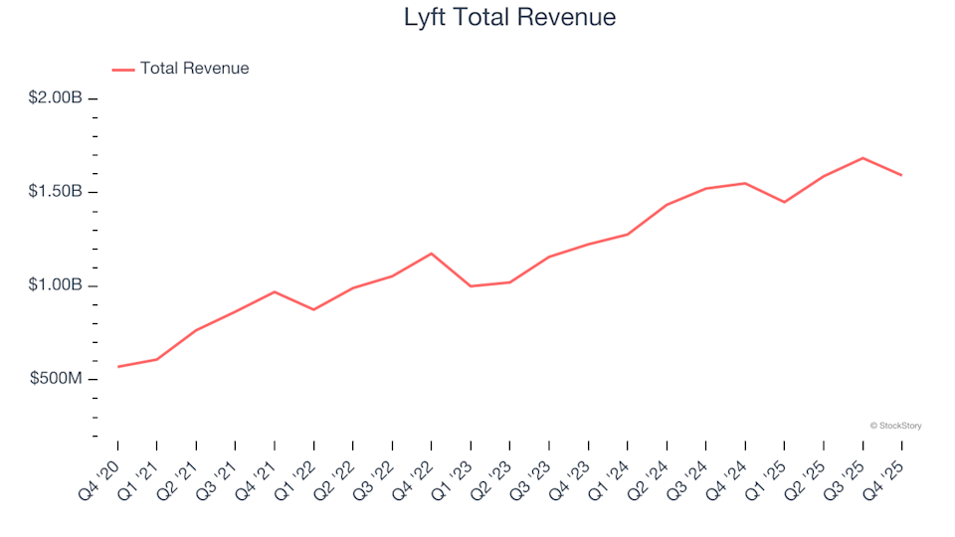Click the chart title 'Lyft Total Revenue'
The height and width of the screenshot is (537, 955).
tap(509, 17)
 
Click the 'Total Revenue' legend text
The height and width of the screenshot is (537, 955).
tap(194, 69)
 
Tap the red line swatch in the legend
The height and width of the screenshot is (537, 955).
tap(123, 69)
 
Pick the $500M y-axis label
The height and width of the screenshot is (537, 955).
tap(57, 380)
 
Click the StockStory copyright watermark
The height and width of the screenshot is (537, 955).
tap(895, 426)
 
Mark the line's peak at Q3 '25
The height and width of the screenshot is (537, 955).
tap(862, 158)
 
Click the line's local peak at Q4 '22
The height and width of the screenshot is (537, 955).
tap(431, 254)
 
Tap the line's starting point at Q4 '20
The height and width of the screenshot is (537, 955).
tap(117, 367)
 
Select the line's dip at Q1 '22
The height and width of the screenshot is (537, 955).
tap(313, 309)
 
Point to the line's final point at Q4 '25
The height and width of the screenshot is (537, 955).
tap(901, 175)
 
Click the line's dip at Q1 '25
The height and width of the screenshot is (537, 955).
tap(784, 202)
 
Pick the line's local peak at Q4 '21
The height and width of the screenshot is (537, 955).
tap(274, 291)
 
